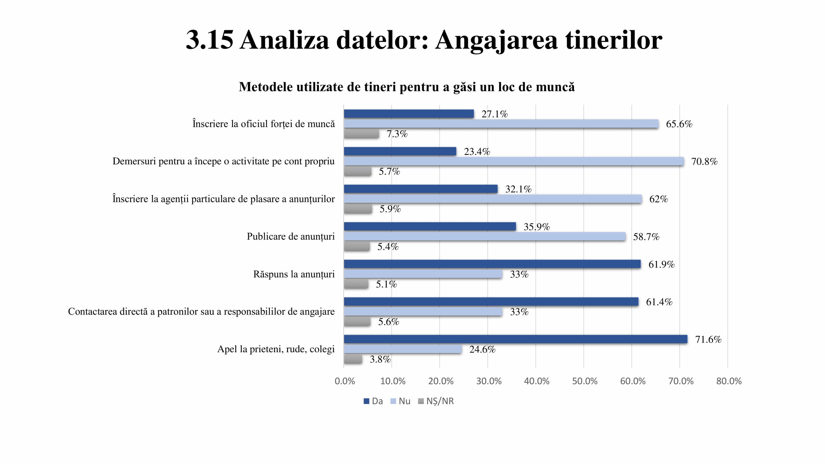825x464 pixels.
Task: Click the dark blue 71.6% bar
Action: (x=515, y=339)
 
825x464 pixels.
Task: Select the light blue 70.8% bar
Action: (x=514, y=161)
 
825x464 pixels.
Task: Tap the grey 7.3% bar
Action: (x=361, y=134)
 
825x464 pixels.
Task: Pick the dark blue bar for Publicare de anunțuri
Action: (x=430, y=227)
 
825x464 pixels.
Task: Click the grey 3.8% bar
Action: (x=353, y=359)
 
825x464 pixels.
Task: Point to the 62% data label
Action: (x=658, y=199)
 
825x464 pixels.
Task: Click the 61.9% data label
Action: (x=661, y=265)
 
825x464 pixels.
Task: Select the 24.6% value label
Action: (x=482, y=349)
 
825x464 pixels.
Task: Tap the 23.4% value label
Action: (x=477, y=151)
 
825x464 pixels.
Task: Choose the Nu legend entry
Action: (x=401, y=401)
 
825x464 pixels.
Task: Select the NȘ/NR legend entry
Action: (x=436, y=401)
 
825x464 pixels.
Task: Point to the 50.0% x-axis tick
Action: (x=585, y=381)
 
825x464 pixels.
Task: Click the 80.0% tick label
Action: (x=729, y=381)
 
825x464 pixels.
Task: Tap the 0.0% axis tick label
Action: (x=345, y=381)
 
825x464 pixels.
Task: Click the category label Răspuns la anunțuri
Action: (x=294, y=274)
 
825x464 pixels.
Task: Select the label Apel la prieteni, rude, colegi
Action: (x=276, y=349)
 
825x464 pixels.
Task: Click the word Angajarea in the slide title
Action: (x=496, y=40)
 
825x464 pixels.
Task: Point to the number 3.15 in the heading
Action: (x=209, y=40)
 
